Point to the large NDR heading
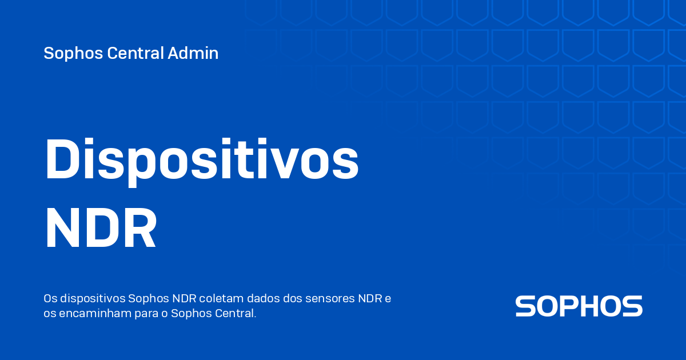click(x=101, y=229)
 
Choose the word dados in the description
click(x=264, y=299)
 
